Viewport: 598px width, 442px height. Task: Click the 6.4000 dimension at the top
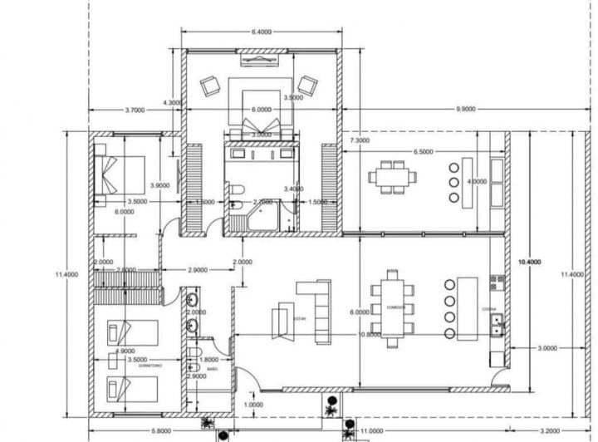pyautogui.click(x=261, y=32)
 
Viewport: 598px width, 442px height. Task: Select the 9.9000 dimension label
pyautogui.click(x=466, y=109)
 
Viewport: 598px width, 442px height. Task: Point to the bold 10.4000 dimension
pyautogui.click(x=528, y=262)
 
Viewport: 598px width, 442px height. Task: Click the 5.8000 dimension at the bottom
pyautogui.click(x=162, y=430)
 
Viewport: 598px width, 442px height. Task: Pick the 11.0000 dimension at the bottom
pyautogui.click(x=375, y=430)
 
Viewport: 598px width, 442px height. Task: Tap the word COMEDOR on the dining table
pyautogui.click(x=394, y=307)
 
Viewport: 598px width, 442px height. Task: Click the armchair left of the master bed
pyautogui.click(x=208, y=85)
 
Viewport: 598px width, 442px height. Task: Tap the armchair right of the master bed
pyautogui.click(x=308, y=85)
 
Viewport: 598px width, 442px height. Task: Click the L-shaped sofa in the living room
pyautogui.click(x=319, y=308)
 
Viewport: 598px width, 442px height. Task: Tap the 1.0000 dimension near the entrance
pyautogui.click(x=254, y=404)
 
